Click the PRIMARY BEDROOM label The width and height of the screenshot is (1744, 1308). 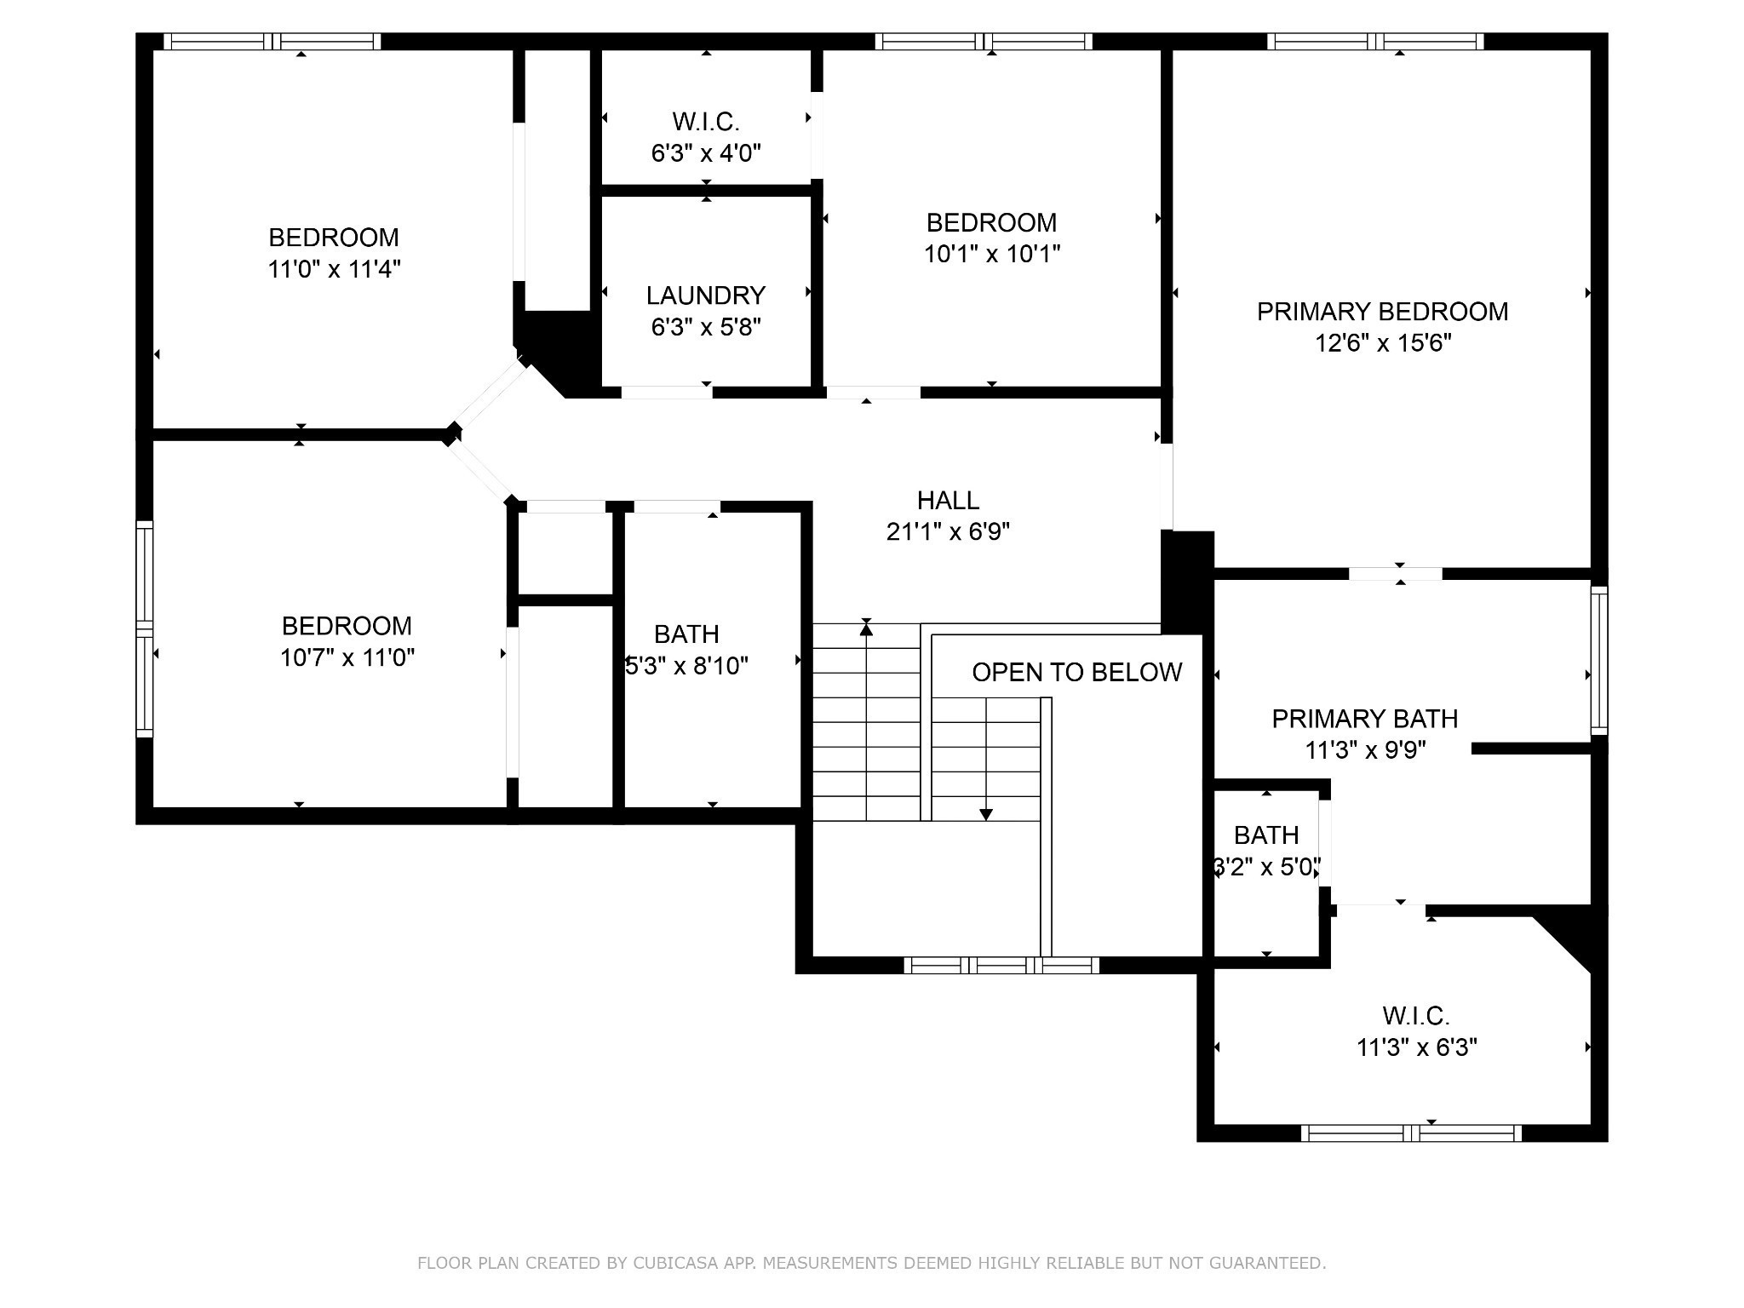[1382, 312]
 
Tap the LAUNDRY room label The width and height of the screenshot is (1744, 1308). [706, 295]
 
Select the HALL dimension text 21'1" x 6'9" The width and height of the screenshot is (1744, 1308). [948, 531]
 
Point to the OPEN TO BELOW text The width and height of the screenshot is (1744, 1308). [1076, 673]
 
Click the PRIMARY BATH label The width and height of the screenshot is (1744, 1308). [1364, 719]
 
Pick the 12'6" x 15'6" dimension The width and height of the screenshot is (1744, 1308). [1383, 343]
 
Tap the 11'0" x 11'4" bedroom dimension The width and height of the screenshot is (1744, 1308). [334, 269]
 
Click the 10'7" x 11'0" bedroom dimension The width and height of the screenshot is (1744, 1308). [347, 657]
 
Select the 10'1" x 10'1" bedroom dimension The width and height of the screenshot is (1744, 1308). [992, 254]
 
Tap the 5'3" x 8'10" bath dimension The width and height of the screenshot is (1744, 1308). [686, 665]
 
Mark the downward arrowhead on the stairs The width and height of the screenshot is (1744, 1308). [986, 815]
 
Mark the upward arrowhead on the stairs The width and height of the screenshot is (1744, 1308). [866, 628]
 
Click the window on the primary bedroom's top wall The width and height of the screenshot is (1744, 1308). [1375, 42]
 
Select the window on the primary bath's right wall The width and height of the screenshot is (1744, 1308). [1599, 660]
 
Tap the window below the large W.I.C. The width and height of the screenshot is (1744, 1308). [1411, 1133]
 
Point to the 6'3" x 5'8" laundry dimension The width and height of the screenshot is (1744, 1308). [706, 327]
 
